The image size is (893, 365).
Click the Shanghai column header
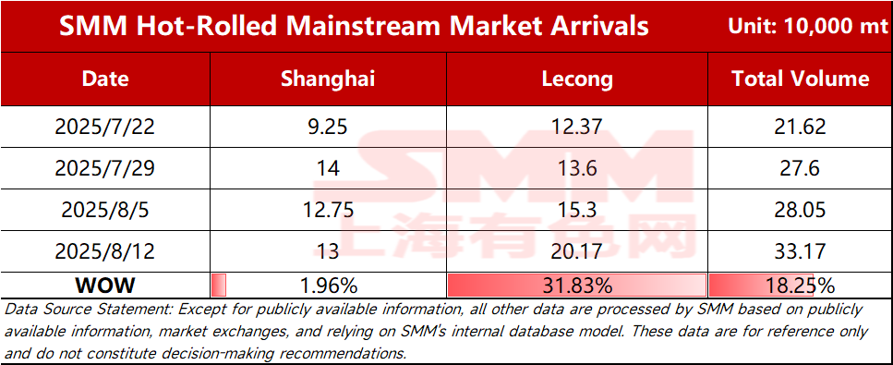[x=328, y=79]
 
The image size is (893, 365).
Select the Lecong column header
[x=576, y=79]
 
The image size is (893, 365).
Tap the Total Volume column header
[x=800, y=79]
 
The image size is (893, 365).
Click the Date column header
[x=105, y=79]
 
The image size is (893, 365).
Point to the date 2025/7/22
[x=105, y=126]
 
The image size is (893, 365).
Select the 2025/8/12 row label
[x=105, y=250]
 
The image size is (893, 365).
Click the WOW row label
[x=105, y=285]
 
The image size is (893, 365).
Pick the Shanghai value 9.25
[x=328, y=126]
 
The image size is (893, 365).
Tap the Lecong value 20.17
[x=576, y=250]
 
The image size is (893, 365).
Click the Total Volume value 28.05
[x=800, y=210]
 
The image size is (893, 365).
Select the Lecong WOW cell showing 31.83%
[x=576, y=285]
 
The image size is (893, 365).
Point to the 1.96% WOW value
[x=328, y=285]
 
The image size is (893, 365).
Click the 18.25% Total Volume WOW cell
[x=800, y=285]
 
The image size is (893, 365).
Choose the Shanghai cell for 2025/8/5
[x=328, y=210]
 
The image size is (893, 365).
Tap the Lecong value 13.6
[x=576, y=167]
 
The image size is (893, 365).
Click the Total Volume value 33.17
[x=800, y=250]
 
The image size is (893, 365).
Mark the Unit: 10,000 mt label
[x=807, y=26]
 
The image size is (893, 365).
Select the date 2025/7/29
[x=105, y=167]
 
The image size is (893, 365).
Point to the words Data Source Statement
[x=87, y=310]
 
